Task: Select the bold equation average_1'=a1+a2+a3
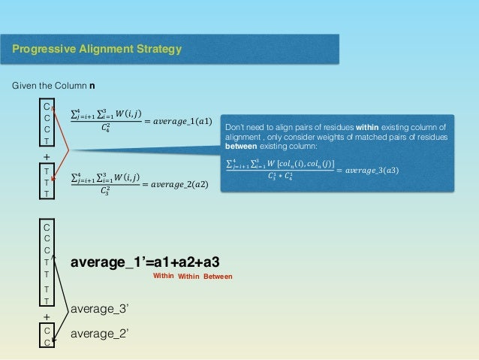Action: pyautogui.click(x=146, y=262)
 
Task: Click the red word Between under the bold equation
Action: pyautogui.click(x=218, y=277)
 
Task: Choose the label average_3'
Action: pyautogui.click(x=97, y=308)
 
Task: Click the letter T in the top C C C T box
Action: pyautogui.click(x=47, y=141)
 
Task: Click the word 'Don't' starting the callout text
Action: pyautogui.click(x=236, y=127)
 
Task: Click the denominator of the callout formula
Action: pyautogui.click(x=281, y=177)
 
